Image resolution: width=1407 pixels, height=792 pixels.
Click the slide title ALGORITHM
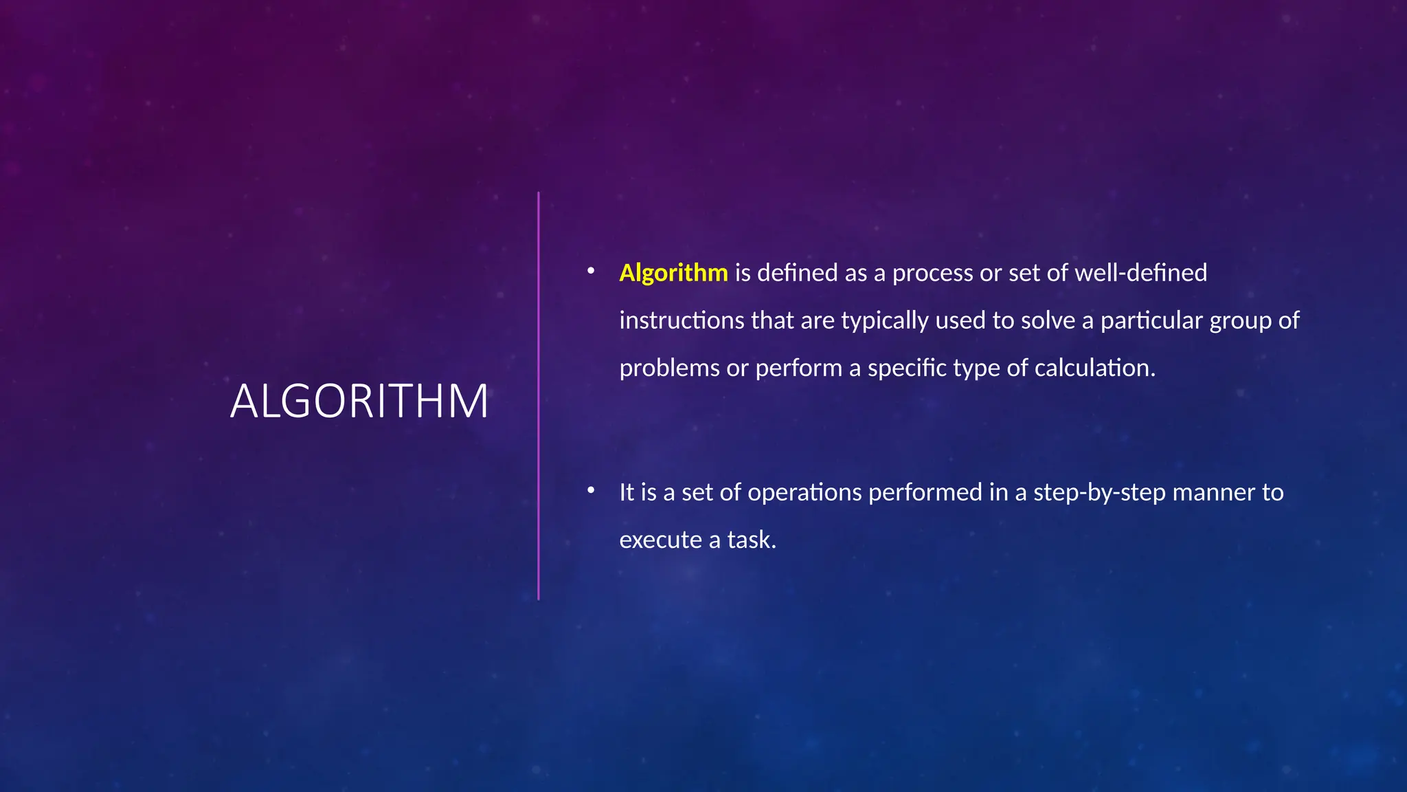coord(359,401)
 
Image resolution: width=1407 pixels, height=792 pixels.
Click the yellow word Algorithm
coord(673,273)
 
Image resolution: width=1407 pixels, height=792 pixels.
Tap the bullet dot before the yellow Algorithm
coord(590,272)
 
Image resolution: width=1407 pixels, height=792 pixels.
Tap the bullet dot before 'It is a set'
coord(590,491)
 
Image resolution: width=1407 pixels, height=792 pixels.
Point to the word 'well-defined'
coord(1140,273)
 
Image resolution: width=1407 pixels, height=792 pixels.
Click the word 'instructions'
coord(682,320)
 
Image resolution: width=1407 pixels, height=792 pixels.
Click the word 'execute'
coord(660,540)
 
